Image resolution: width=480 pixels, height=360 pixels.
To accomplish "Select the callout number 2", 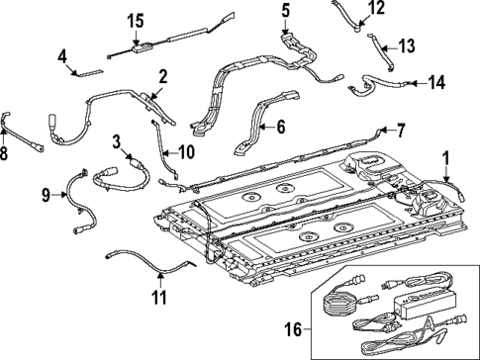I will (x=163, y=74).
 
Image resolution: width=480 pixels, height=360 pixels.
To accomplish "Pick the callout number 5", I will (x=284, y=12).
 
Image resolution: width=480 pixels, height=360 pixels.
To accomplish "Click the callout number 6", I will (x=280, y=127).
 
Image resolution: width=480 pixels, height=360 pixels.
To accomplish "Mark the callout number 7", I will (x=401, y=129).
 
